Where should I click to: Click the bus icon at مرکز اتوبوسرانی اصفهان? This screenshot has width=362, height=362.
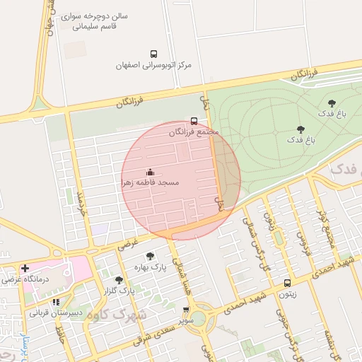pyautogui.click(x=153, y=54)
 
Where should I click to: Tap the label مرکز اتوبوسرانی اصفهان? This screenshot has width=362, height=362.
pyautogui.click(x=154, y=65)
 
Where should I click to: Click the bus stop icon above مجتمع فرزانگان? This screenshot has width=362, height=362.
pyautogui.click(x=194, y=121)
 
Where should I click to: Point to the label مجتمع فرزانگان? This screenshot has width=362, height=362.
pyautogui.click(x=194, y=132)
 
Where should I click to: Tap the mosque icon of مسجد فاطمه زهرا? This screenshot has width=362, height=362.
pyautogui.click(x=150, y=172)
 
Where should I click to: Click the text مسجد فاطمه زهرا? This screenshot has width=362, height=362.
pyautogui.click(x=150, y=182)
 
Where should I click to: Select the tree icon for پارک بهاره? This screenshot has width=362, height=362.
pyautogui.click(x=150, y=257)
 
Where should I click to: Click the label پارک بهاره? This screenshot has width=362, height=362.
pyautogui.click(x=150, y=268)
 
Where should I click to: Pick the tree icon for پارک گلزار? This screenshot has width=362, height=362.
pyautogui.click(x=119, y=280)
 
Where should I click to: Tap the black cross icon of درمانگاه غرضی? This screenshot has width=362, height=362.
pyautogui.click(x=25, y=268)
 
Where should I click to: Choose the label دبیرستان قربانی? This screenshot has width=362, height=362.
pyautogui.click(x=56, y=312)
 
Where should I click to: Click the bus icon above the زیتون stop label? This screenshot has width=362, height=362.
pyautogui.click(x=286, y=283)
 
